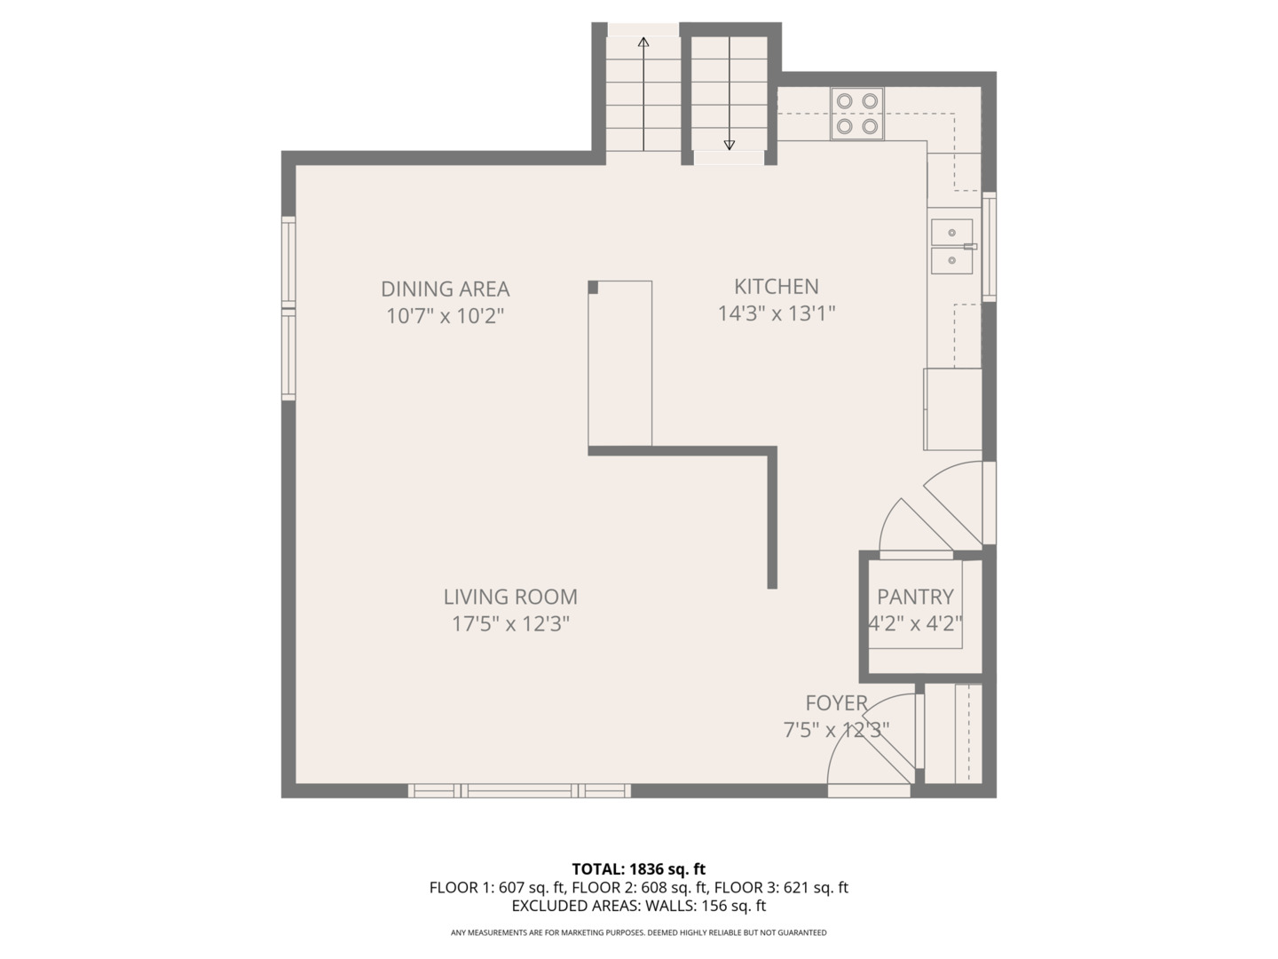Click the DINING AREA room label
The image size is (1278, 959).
(x=445, y=289)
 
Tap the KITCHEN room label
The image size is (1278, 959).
(x=776, y=287)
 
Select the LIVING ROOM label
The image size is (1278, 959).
(x=510, y=597)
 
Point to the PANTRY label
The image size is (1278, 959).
(x=915, y=597)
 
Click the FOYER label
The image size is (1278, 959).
(x=837, y=702)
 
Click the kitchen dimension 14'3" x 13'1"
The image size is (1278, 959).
(x=776, y=313)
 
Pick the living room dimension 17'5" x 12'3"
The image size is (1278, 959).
(x=510, y=624)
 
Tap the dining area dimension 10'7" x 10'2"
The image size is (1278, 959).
(x=445, y=316)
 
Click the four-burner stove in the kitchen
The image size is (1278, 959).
(x=857, y=114)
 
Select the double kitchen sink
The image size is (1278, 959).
(x=952, y=246)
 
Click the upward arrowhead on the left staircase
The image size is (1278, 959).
(x=643, y=42)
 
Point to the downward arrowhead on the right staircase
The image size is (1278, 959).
(x=729, y=145)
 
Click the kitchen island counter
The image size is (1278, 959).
(x=620, y=363)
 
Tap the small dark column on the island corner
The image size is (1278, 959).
(x=593, y=287)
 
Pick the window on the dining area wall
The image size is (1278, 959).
(x=288, y=309)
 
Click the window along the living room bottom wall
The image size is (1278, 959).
(x=519, y=790)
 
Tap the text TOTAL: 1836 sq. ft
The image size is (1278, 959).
(x=639, y=869)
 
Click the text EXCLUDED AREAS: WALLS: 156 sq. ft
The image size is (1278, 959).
(x=639, y=906)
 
